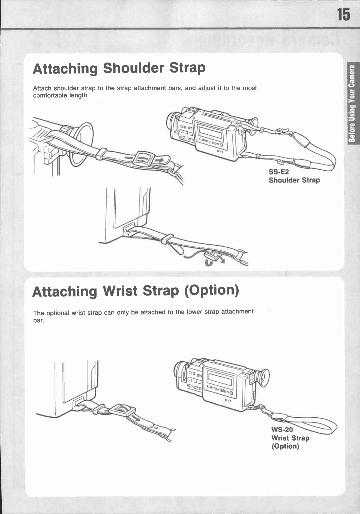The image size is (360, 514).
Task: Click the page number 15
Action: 344,15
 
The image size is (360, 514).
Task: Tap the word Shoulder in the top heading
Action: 134,68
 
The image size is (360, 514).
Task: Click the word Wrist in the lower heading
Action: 120,291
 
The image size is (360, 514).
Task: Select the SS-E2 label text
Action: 278,172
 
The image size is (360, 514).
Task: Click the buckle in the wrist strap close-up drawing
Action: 122,409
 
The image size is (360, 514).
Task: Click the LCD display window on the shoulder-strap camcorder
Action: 210,133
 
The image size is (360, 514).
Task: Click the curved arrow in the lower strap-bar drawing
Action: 209,262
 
